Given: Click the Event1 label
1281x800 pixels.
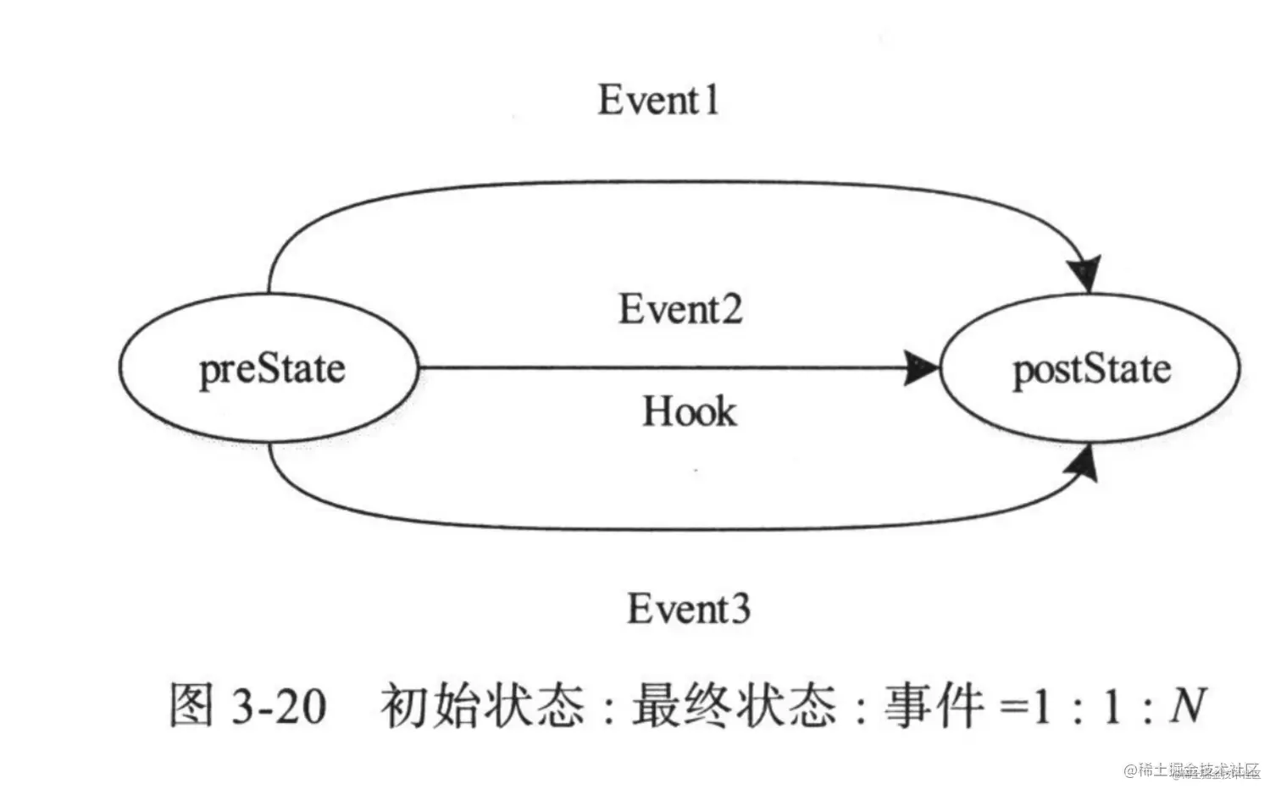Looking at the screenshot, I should [658, 100].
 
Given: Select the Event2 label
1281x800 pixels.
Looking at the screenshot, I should [679, 309].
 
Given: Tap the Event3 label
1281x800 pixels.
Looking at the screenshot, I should [688, 609].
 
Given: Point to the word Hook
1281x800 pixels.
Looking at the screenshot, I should [689, 412].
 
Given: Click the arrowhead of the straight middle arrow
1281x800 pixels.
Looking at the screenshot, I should [922, 368].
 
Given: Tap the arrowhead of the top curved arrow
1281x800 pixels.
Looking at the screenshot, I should [1084, 273].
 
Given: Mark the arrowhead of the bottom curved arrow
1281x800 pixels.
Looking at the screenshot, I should [1084, 465].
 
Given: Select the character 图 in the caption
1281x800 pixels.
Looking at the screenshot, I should [191, 705].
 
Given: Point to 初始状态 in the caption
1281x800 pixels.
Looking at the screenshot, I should [482, 705].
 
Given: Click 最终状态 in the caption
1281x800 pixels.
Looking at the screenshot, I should [734, 705].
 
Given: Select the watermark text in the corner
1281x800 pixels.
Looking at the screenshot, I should [1192, 770].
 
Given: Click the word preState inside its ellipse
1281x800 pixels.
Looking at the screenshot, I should [272, 370].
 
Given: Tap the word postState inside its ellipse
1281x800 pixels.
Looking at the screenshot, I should [1091, 370].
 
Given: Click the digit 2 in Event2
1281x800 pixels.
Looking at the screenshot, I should [728, 309].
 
